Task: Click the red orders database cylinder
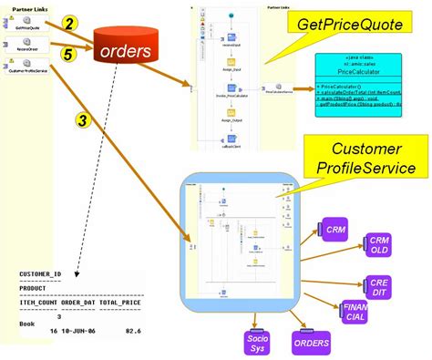(127, 51)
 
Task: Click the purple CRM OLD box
(379, 245)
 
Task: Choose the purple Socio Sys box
(258, 342)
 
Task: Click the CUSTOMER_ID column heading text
(40, 272)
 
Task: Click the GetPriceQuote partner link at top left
(27, 27)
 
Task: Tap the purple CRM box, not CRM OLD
(333, 231)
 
